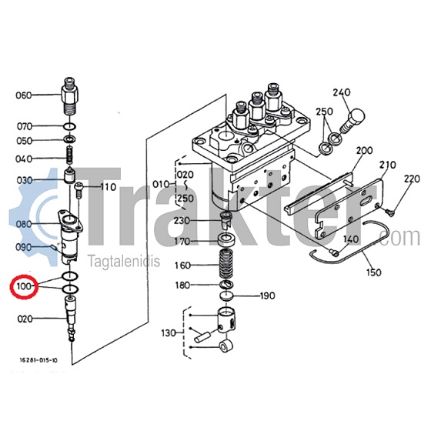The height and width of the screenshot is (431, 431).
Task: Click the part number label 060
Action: coord(24,95)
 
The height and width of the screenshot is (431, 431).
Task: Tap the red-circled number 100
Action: coord(24,286)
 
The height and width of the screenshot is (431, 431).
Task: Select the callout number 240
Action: coord(342,92)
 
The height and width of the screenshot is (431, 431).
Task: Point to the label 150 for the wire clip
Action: coord(374,272)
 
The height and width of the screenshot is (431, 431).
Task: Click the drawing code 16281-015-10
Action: coord(38,360)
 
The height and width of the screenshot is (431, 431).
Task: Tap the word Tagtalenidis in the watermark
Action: coord(123,261)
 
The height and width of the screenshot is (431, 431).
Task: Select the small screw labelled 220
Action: coord(389,211)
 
